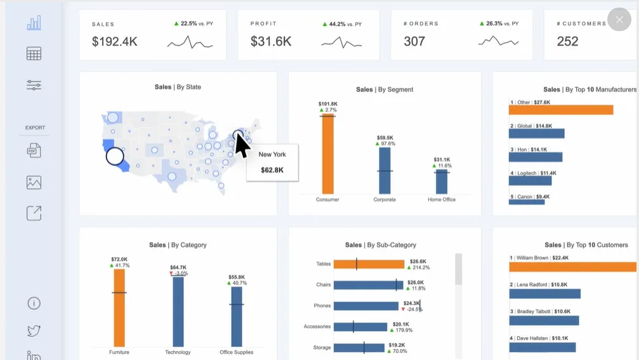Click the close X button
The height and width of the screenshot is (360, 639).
[x=619, y=19]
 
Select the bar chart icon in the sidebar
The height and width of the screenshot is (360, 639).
[x=34, y=23]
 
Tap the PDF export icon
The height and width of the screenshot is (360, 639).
[x=34, y=150]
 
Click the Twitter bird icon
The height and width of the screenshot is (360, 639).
[x=34, y=330]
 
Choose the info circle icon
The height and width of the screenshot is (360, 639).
[x=34, y=303]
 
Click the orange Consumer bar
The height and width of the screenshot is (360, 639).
[x=327, y=154]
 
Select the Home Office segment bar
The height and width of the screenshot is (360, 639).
[x=442, y=182]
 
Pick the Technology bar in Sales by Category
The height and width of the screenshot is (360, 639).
[x=178, y=312]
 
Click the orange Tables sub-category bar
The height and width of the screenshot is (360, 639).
[x=369, y=264]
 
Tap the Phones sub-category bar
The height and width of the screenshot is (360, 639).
[x=366, y=306]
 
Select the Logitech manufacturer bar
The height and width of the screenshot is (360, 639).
[x=530, y=180]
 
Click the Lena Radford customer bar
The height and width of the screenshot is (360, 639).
[x=544, y=293]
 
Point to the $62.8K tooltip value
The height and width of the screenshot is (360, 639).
[x=272, y=170]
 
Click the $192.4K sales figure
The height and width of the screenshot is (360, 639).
[x=114, y=41]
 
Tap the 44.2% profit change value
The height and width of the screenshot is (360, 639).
[x=337, y=24]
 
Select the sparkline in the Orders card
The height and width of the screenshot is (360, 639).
[x=498, y=41]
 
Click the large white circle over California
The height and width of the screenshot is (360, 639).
[x=115, y=156]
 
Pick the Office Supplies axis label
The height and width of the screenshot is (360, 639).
[x=236, y=352]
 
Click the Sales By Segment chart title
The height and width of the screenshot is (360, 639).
[x=385, y=90]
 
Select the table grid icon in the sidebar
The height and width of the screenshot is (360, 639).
[x=34, y=54]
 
